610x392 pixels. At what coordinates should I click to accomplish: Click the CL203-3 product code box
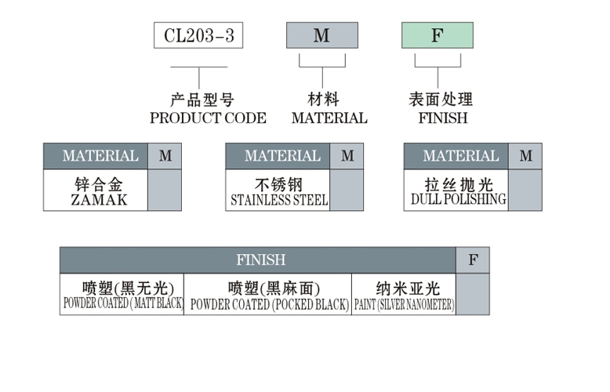click(x=198, y=36)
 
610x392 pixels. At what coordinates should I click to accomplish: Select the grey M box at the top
click(x=321, y=36)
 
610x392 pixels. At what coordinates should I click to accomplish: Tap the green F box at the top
click(x=437, y=36)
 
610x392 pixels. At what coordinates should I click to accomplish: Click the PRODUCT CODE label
click(x=208, y=118)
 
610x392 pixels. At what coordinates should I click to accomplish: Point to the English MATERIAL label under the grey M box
click(x=329, y=118)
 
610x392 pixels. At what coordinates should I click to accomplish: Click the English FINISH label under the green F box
click(x=442, y=118)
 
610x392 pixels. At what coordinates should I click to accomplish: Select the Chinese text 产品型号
click(x=202, y=100)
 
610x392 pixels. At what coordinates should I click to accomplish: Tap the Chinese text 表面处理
click(x=441, y=100)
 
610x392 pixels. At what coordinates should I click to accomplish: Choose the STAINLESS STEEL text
click(x=279, y=200)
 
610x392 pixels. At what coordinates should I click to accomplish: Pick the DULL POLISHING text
click(x=458, y=200)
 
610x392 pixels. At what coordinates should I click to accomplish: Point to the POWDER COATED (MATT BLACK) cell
click(x=122, y=295)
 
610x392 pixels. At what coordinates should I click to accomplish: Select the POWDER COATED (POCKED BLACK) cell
click(x=268, y=295)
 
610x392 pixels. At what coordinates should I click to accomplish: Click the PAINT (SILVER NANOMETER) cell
click(x=404, y=295)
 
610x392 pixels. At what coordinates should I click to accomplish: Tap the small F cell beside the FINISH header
click(x=473, y=260)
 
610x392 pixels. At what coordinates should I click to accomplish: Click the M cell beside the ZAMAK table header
click(x=165, y=156)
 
